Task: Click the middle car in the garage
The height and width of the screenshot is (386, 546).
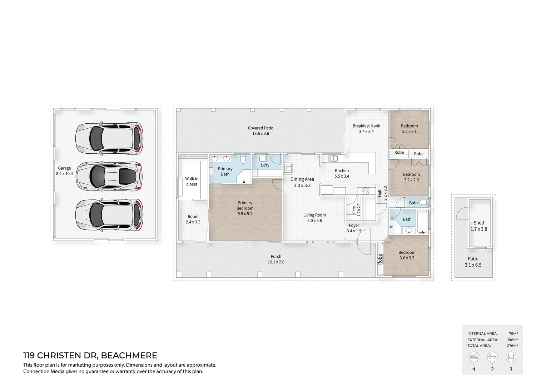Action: coord(109,176)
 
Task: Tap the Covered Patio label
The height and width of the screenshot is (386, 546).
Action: coord(260,128)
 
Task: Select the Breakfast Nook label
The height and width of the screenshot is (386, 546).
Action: coord(366,126)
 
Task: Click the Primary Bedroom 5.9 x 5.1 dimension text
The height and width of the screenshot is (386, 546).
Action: coord(245,214)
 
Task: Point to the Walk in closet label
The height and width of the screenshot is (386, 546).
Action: coord(192,182)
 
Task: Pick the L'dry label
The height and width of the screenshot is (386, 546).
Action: coord(265,165)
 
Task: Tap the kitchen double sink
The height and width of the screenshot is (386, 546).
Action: coord(333,158)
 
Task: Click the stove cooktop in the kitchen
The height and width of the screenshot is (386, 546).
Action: coord(365,191)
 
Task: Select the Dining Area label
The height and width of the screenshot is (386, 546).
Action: coord(302,179)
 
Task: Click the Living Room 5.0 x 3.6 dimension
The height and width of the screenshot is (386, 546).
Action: coord(314,221)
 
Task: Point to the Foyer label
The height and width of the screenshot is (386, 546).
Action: coord(354,226)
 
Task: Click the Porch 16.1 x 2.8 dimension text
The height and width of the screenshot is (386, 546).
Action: coord(276,262)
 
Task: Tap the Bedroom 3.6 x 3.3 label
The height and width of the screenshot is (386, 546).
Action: coord(407,255)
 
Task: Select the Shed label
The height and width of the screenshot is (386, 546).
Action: coord(478,223)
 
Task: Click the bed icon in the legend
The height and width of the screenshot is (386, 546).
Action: coord(474,357)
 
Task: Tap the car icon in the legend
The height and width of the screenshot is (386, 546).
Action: coord(511,357)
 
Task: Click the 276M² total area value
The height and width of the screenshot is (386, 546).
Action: coord(513,346)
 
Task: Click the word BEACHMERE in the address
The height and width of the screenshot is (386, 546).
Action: coord(129,356)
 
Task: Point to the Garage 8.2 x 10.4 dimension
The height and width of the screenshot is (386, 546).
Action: coord(64,174)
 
